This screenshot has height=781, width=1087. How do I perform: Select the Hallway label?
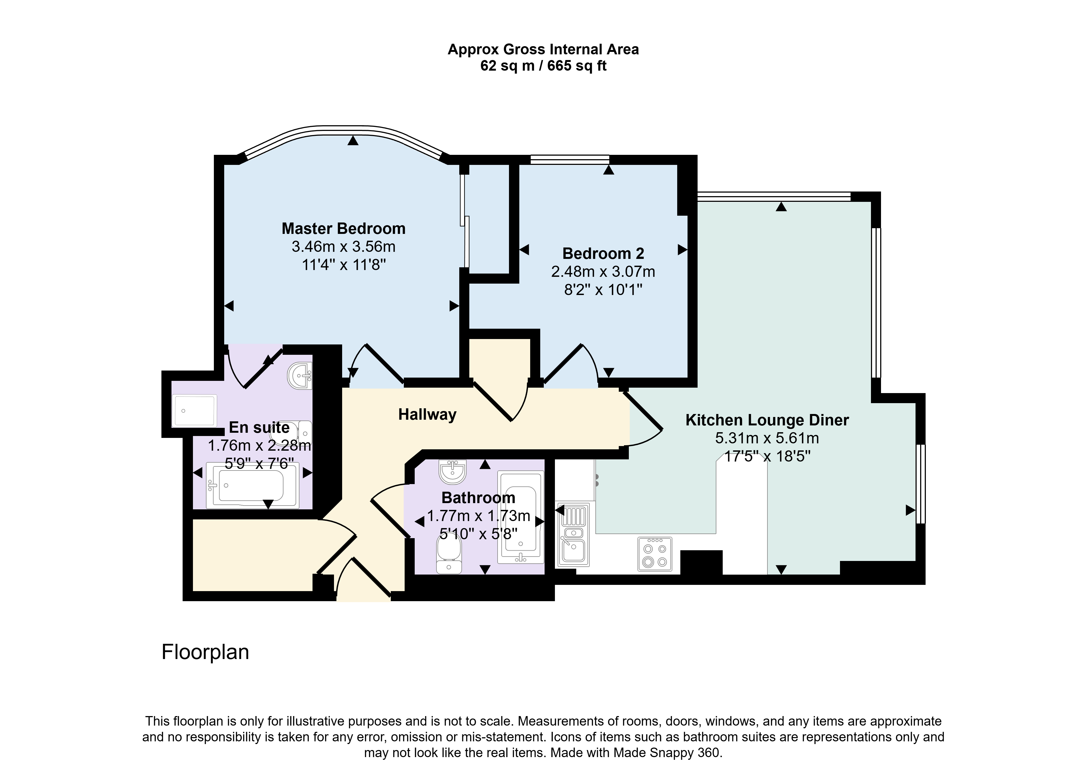point(427,415)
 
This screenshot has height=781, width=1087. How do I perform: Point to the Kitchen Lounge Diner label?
point(767,420)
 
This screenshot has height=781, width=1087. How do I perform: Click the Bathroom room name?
point(478,498)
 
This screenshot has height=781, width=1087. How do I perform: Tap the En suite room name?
point(259,427)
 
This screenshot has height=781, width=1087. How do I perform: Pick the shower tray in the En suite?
point(195,410)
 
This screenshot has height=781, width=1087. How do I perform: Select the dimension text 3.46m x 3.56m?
point(344,247)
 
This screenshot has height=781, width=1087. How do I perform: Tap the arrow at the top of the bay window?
point(353,140)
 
